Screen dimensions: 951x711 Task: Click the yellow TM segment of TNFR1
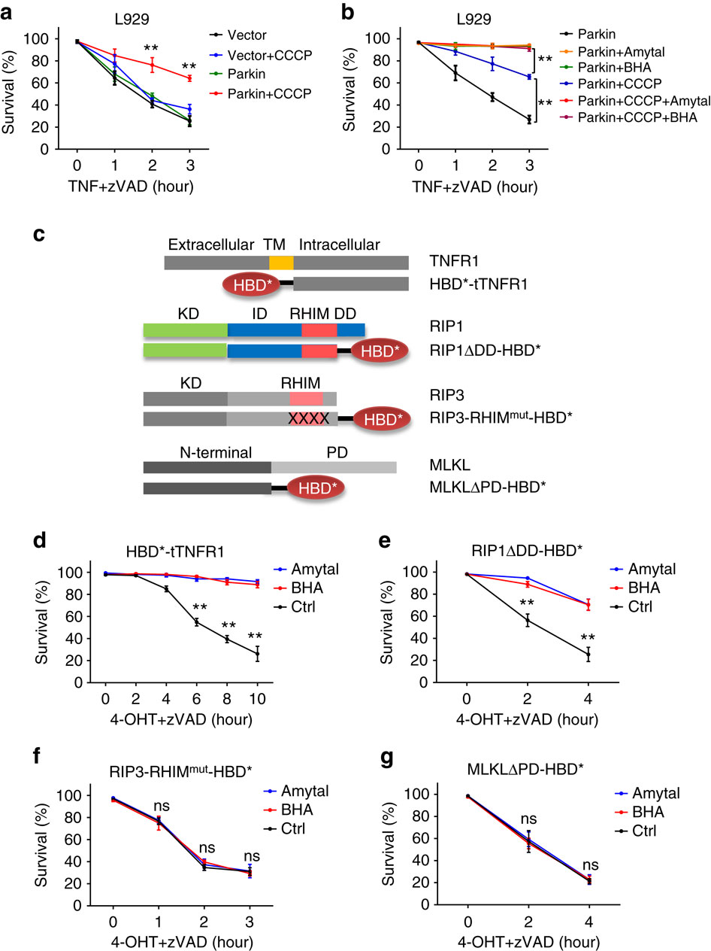[281, 263]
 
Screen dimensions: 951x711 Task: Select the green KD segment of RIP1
[186, 330]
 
